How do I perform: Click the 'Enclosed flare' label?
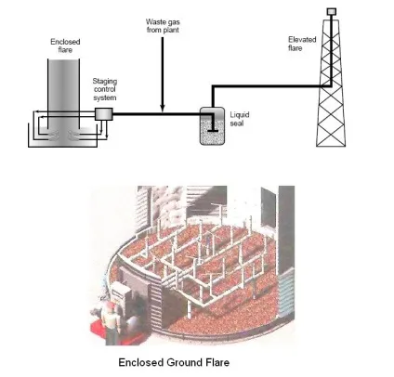(65, 45)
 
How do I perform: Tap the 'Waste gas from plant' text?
(163, 26)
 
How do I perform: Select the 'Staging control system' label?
(105, 89)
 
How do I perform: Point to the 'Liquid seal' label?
(240, 119)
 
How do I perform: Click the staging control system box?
(103, 114)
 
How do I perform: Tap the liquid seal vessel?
(212, 126)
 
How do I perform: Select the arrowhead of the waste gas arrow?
(163, 108)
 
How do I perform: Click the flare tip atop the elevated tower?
(332, 12)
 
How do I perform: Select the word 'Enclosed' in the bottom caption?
(141, 362)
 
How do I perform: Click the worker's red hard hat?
(109, 305)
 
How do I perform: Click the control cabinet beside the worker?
(122, 296)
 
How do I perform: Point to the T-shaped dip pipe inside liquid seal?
(213, 123)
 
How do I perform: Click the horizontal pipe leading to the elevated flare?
(272, 85)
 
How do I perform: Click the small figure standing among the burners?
(208, 241)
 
